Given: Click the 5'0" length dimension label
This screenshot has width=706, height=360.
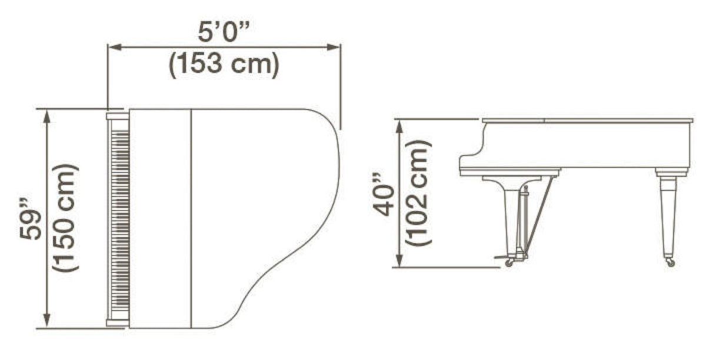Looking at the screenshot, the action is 224,32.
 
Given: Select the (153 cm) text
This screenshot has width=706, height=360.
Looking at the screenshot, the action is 224,64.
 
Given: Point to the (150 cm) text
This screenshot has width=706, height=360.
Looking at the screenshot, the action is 65,218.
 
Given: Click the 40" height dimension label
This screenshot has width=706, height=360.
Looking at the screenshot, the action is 383,195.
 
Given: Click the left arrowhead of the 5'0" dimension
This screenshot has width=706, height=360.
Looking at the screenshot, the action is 114,47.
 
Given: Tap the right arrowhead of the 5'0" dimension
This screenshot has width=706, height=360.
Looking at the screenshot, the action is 334,47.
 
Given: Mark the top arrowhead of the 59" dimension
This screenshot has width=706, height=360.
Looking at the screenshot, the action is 47,116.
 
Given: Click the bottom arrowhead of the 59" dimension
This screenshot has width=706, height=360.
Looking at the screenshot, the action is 47,321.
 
